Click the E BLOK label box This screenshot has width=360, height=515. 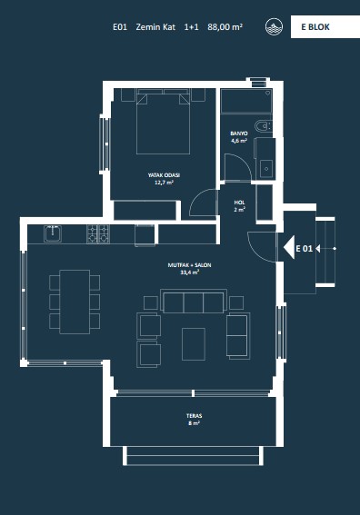pos(325,26)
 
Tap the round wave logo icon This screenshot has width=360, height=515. pos(274,26)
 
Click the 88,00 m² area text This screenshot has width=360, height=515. pos(225,27)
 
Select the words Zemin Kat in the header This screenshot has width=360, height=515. pos(155,27)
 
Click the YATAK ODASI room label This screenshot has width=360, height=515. pos(164,175)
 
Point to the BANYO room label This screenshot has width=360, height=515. pos(239,134)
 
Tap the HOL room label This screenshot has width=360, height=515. pos(239,203)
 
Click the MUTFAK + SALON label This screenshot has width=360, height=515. pos(189,265)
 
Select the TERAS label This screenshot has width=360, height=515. pos(194,416)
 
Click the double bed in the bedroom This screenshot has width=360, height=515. pos(164,124)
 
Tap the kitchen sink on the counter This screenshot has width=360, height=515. pos(53,233)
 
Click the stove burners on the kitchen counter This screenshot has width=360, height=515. pos(98,233)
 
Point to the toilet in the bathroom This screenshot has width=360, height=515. pos(264,126)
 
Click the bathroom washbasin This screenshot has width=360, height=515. pos(266,169)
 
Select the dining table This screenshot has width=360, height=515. pos(75,302)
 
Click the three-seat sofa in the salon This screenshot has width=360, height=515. pos(194,301)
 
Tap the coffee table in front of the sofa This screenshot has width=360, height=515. pos(194,344)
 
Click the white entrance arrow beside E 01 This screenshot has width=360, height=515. pos(289,249)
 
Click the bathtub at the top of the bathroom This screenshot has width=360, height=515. pos(246,101)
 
